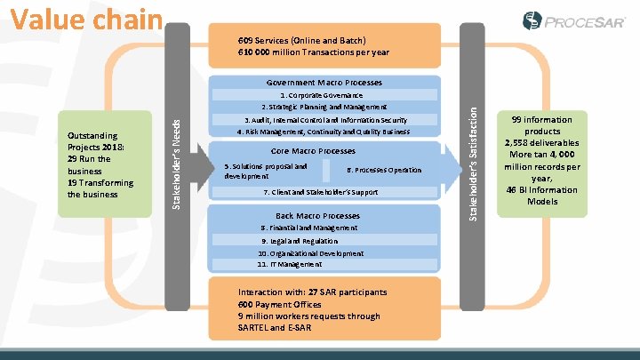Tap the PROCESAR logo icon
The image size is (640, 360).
pos(532,20)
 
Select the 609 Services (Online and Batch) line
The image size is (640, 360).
pos(301,41)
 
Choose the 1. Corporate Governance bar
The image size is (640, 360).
pos(321,94)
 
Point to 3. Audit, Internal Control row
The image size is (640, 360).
pos(325,120)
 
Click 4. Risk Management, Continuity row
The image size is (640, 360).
pos(323,132)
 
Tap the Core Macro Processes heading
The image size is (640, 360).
pos(312,151)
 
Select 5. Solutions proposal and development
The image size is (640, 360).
pos(267,171)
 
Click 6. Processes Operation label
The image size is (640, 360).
pos(383,170)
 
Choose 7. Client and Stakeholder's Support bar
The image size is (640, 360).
pos(321,192)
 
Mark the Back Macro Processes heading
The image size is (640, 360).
pos(305,216)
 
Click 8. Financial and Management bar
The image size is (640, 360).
pos(309,228)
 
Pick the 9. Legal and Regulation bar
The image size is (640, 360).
pos(300,241)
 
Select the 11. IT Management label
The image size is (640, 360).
pos(290,264)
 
